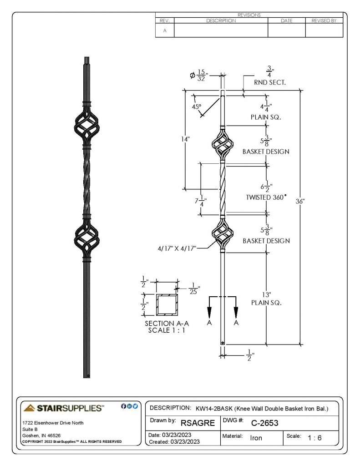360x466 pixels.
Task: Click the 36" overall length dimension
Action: click(x=300, y=201)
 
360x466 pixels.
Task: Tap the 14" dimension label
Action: click(x=185, y=139)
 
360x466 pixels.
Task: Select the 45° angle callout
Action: click(x=197, y=106)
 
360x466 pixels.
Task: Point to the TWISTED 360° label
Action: click(x=266, y=198)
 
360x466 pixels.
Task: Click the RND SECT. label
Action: click(x=269, y=83)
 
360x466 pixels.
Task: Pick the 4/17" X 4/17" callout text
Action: click(x=177, y=248)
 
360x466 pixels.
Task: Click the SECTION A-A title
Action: click(x=167, y=324)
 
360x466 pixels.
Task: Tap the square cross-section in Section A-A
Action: click(x=167, y=304)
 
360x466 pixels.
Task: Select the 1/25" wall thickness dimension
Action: click(x=194, y=289)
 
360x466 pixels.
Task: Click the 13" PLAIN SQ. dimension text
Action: click(x=266, y=299)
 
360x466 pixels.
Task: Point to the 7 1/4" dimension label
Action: click(x=201, y=201)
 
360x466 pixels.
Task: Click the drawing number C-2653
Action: click(x=264, y=423)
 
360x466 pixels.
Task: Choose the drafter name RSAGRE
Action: click(x=198, y=423)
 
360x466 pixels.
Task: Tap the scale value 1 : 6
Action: click(x=314, y=438)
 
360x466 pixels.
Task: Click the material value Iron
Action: click(x=256, y=438)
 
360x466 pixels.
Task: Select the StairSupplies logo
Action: click(x=64, y=408)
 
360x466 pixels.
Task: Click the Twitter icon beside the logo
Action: click(x=135, y=406)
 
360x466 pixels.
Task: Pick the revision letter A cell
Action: click(x=165, y=30)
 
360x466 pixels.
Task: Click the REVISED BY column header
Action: click(x=324, y=20)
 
